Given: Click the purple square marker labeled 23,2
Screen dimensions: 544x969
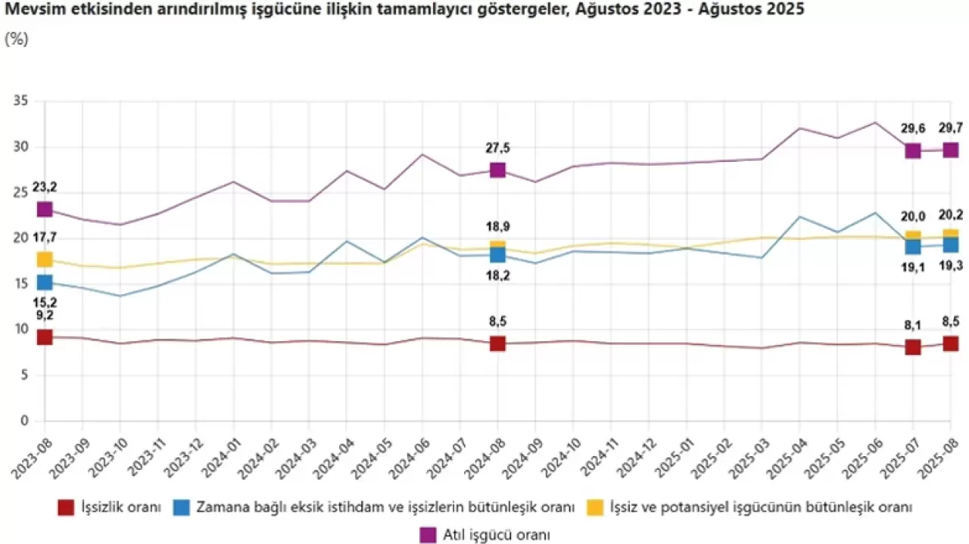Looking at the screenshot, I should [45, 209].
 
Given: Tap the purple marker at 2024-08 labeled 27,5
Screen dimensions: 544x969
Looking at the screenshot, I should [497, 169].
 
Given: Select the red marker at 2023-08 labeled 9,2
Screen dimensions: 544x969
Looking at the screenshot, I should [45, 337].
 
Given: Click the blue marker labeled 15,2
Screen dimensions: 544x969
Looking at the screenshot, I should [45, 282].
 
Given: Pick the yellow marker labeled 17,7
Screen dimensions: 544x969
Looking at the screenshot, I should [45, 260].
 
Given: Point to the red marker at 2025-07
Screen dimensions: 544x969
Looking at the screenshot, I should [913, 347].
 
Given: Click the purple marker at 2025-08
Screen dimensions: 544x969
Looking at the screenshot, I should [950, 149].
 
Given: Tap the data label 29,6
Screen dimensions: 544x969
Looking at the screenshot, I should [913, 129].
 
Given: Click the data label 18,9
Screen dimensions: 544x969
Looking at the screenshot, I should [497, 226].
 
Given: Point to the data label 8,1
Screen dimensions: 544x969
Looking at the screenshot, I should [913, 325].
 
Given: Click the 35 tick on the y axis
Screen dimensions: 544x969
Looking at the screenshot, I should [20, 101].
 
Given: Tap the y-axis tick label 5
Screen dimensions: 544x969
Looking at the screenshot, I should [24, 375].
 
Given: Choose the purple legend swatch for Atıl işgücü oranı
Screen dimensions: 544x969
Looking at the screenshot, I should [428, 534].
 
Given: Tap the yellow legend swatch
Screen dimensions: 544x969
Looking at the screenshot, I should [596, 507].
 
